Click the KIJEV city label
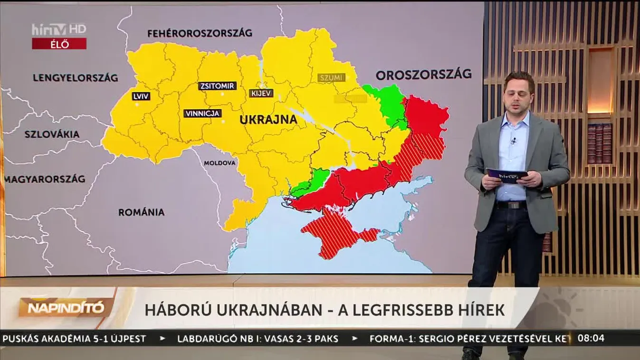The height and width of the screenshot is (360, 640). pos(261,93)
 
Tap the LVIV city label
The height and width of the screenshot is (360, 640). pos(142,96)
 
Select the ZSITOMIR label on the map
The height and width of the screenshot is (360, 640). pos(217,86)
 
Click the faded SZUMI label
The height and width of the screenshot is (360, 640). pos(331,77)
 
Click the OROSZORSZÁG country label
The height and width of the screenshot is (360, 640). pos(423,74)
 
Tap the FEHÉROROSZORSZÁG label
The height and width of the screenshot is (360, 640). pos(200,33)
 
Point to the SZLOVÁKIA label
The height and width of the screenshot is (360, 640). pos(52,134)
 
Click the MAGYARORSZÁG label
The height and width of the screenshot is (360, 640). pos(46,179)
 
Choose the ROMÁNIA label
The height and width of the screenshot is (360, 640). pos(141,212)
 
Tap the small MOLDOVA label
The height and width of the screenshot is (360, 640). pos(220,163)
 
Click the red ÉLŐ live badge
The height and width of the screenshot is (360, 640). pos(59,44)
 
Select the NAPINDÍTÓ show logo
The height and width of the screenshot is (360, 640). pos(66,308)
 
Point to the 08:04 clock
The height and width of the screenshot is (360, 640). pos(591,339)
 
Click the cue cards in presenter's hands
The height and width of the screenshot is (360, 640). pos(506,175)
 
